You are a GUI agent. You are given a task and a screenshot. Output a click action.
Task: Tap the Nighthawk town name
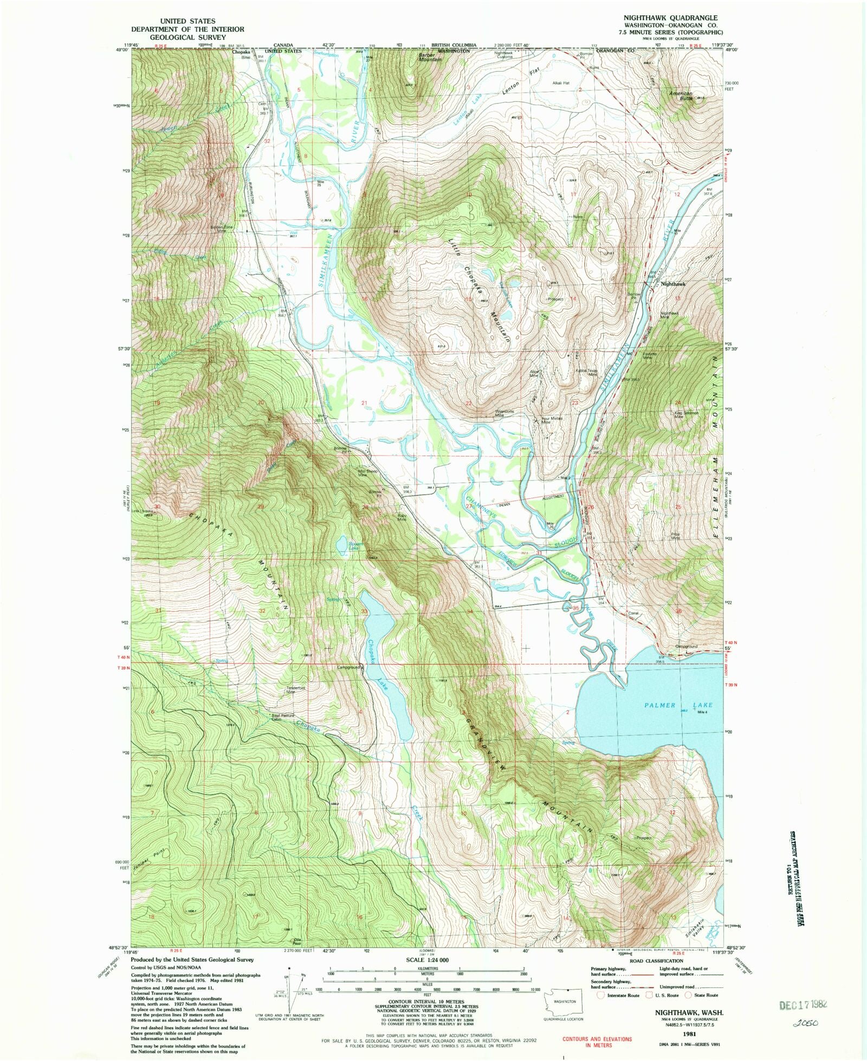tap(673, 284)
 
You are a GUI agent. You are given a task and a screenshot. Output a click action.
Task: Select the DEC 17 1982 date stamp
tap(803, 1004)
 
